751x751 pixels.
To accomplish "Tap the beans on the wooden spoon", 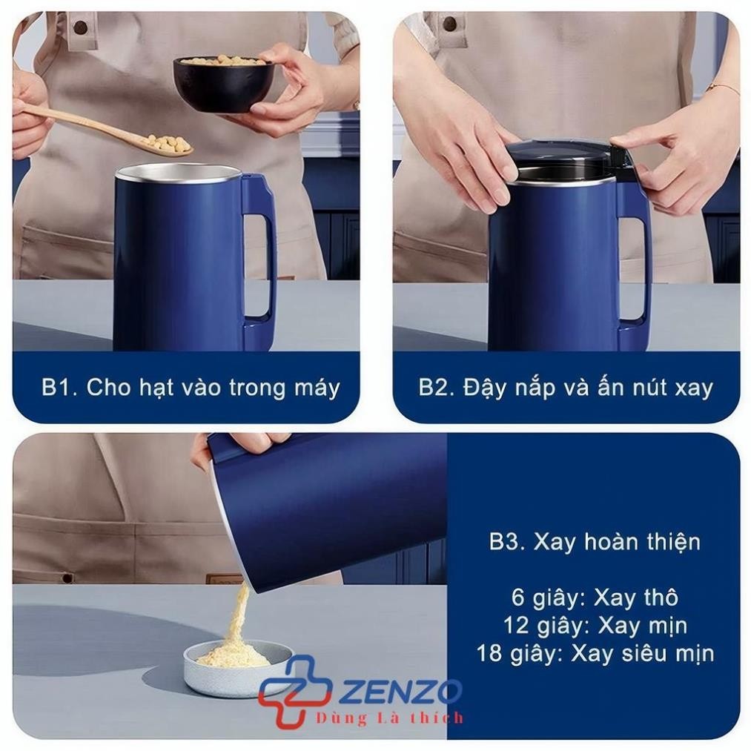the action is coord(168,143).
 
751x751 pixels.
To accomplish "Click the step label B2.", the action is coord(437,387).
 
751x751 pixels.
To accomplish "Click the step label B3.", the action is coord(507,542).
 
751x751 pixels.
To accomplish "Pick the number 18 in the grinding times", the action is coord(489,653).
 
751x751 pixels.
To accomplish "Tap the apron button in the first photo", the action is coord(82,26).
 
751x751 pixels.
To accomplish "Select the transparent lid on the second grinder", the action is coord(565,161).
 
